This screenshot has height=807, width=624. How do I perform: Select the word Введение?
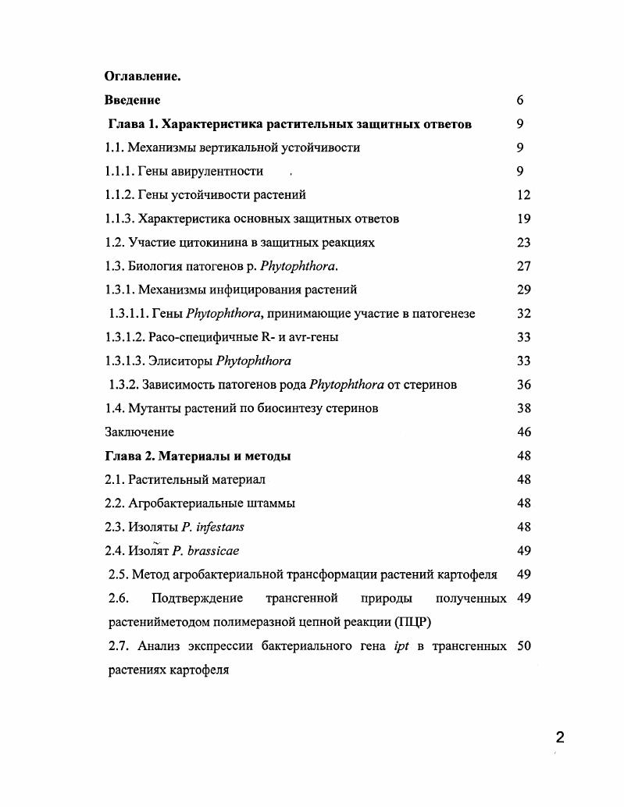pyautogui.click(x=132, y=100)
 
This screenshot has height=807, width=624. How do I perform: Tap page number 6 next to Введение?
pyautogui.click(x=520, y=100)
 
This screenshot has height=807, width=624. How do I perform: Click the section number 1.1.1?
pyautogui.click(x=119, y=171)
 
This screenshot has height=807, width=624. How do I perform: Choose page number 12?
pyautogui.click(x=524, y=194)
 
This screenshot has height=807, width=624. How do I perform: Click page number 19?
pyautogui.click(x=524, y=219)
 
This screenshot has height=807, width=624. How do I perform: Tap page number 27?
pyautogui.click(x=524, y=266)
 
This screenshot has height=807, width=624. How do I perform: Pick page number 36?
pyautogui.click(x=524, y=385)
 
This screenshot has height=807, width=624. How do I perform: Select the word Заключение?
pyautogui.click(x=139, y=432)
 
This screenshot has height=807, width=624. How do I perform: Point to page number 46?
pyautogui.click(x=524, y=432)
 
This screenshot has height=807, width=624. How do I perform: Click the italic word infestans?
pyautogui.click(x=219, y=528)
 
